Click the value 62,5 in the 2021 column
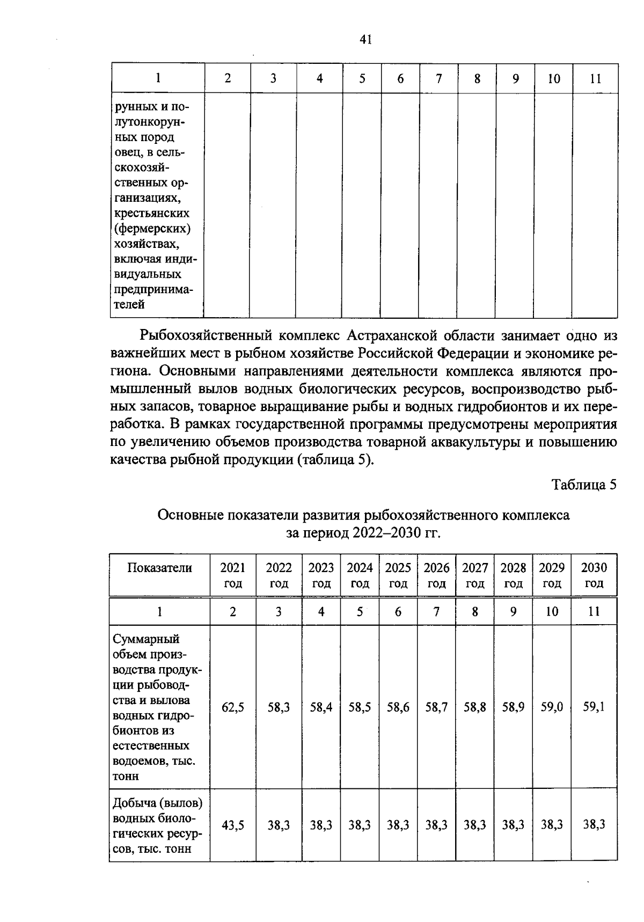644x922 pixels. pos(233,707)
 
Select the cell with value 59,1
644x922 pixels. pos(594,707)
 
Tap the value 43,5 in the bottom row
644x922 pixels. pos(233,825)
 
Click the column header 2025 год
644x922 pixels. pos(398,575)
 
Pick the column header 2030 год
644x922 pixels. pos(594,575)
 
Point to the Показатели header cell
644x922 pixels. pos(159,568)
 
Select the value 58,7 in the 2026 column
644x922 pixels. pos(436,707)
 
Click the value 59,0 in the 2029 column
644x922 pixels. pos(552,707)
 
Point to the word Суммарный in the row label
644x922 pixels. pos(146,639)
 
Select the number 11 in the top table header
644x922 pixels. pos(595,79)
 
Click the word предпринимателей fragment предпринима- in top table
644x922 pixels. pos(153,289)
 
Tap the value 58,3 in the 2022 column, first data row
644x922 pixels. pos(279,707)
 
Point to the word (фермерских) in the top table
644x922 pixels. pos(152,229)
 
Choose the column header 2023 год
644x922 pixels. pos(321,575)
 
